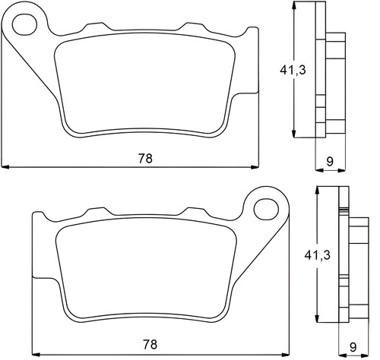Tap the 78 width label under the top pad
[145, 159]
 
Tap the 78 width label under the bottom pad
[150, 344]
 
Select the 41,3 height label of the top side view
[293, 70]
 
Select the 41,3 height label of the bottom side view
[318, 255]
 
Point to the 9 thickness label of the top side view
[330, 161]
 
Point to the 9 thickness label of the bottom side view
[353, 347]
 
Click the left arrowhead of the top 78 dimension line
[5, 167]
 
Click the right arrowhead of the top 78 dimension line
[255, 167]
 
